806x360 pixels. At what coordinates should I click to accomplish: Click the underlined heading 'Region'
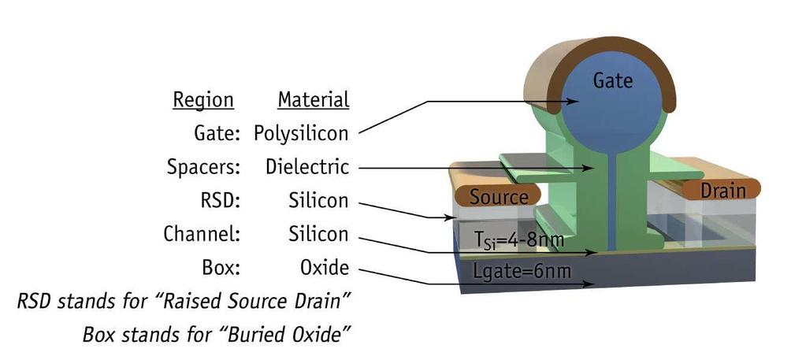(x=203, y=100)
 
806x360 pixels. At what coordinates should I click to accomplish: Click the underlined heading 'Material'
(x=314, y=99)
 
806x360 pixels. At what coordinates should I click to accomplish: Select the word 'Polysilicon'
(x=301, y=134)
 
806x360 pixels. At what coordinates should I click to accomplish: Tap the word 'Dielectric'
(x=307, y=167)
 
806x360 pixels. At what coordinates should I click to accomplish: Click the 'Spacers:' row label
(x=203, y=168)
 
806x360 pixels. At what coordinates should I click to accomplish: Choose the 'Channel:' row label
(x=202, y=234)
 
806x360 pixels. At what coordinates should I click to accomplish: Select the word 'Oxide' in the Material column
(x=325, y=267)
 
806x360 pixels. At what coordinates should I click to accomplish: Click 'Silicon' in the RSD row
(x=318, y=201)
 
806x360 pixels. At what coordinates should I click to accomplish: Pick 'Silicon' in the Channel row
(x=318, y=234)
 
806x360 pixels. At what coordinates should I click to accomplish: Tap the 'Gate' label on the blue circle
(x=613, y=80)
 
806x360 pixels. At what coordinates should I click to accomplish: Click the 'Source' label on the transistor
(x=499, y=197)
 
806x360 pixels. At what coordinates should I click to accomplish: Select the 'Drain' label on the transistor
(x=722, y=191)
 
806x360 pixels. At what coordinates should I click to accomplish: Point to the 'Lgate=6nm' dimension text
(x=522, y=270)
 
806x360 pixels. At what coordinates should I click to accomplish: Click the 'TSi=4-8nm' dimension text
(x=519, y=239)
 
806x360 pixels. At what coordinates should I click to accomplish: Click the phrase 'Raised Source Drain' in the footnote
(x=251, y=301)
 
